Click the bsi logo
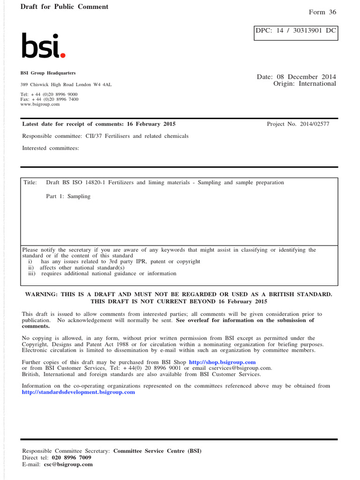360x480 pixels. pyautogui.click(x=43, y=46)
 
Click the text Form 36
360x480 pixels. pyautogui.click(x=322, y=12)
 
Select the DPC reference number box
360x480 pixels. pyautogui.click(x=295, y=31)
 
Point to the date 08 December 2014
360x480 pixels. pyautogui.click(x=308, y=76)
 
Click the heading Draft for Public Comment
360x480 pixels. pyautogui.click(x=64, y=7)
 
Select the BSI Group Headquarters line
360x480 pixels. pyautogui.click(x=48, y=73)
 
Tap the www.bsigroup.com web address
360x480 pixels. pyautogui.click(x=40, y=104)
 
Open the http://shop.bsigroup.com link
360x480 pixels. pyautogui.click(x=222, y=362)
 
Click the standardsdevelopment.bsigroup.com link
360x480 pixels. pyautogui.click(x=78, y=392)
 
